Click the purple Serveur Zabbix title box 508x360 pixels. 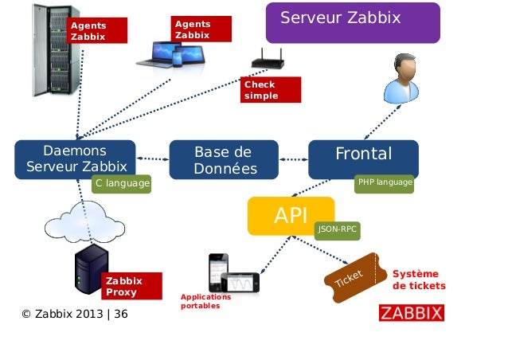[x=352, y=22]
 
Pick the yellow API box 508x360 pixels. [x=291, y=216]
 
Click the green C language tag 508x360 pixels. [x=121, y=184]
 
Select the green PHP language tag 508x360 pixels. [x=385, y=183]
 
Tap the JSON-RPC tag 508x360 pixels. [x=338, y=229]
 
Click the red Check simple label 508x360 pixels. [x=272, y=90]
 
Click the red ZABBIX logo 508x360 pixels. [x=411, y=311]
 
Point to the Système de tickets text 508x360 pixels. [x=419, y=280]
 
